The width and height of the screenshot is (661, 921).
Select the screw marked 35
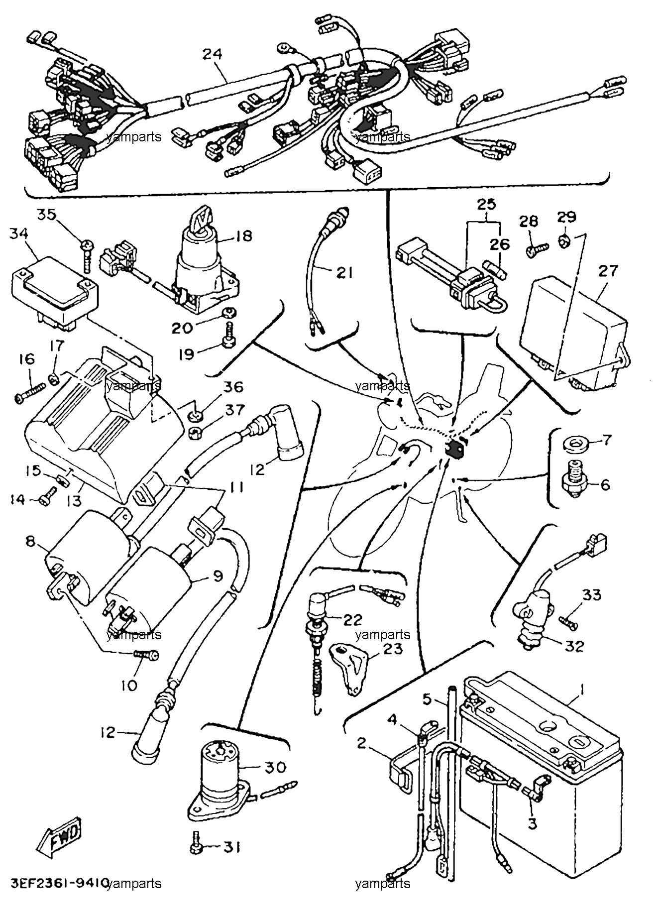click(x=88, y=256)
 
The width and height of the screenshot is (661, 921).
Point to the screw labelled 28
click(x=537, y=248)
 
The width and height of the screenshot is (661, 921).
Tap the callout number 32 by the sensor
click(x=573, y=646)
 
